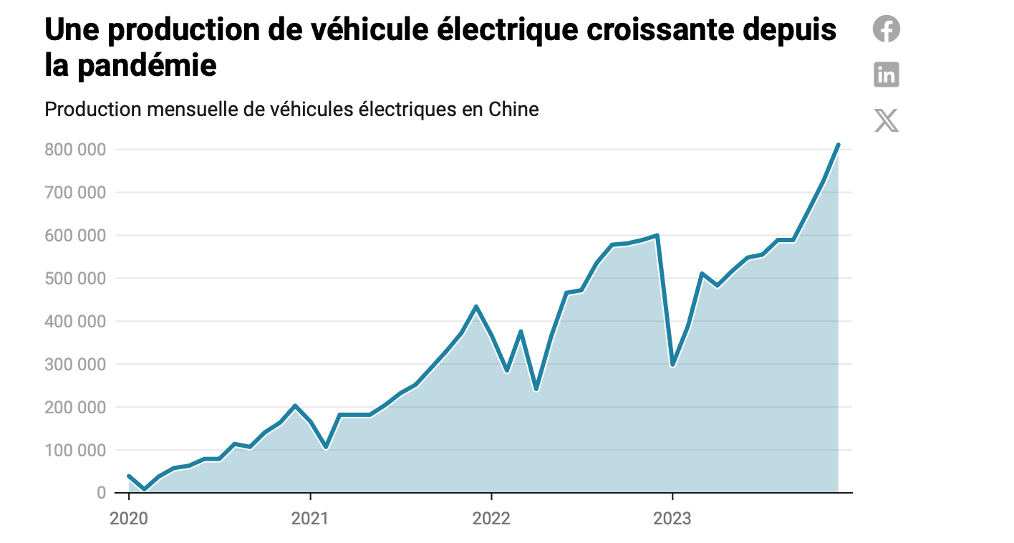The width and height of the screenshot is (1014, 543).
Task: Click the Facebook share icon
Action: pos(887,29)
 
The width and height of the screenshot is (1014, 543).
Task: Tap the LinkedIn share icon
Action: pos(887,75)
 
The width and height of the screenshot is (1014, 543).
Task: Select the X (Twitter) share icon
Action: pos(887,120)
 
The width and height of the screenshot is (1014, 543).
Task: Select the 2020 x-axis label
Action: pos(128,517)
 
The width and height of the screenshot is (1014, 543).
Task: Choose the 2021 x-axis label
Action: pos(309,517)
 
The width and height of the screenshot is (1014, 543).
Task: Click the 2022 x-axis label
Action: pos(491,517)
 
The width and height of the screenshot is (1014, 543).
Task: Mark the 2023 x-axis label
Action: pos(672,517)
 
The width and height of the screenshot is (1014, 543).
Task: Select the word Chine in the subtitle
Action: pos(513,110)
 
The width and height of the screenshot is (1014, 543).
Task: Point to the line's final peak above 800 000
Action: pos(838,145)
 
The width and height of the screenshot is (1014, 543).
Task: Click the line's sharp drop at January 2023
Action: pos(672,365)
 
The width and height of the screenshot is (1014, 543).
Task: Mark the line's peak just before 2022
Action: pos(476,307)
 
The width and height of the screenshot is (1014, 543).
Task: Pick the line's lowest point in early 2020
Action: pos(144,489)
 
